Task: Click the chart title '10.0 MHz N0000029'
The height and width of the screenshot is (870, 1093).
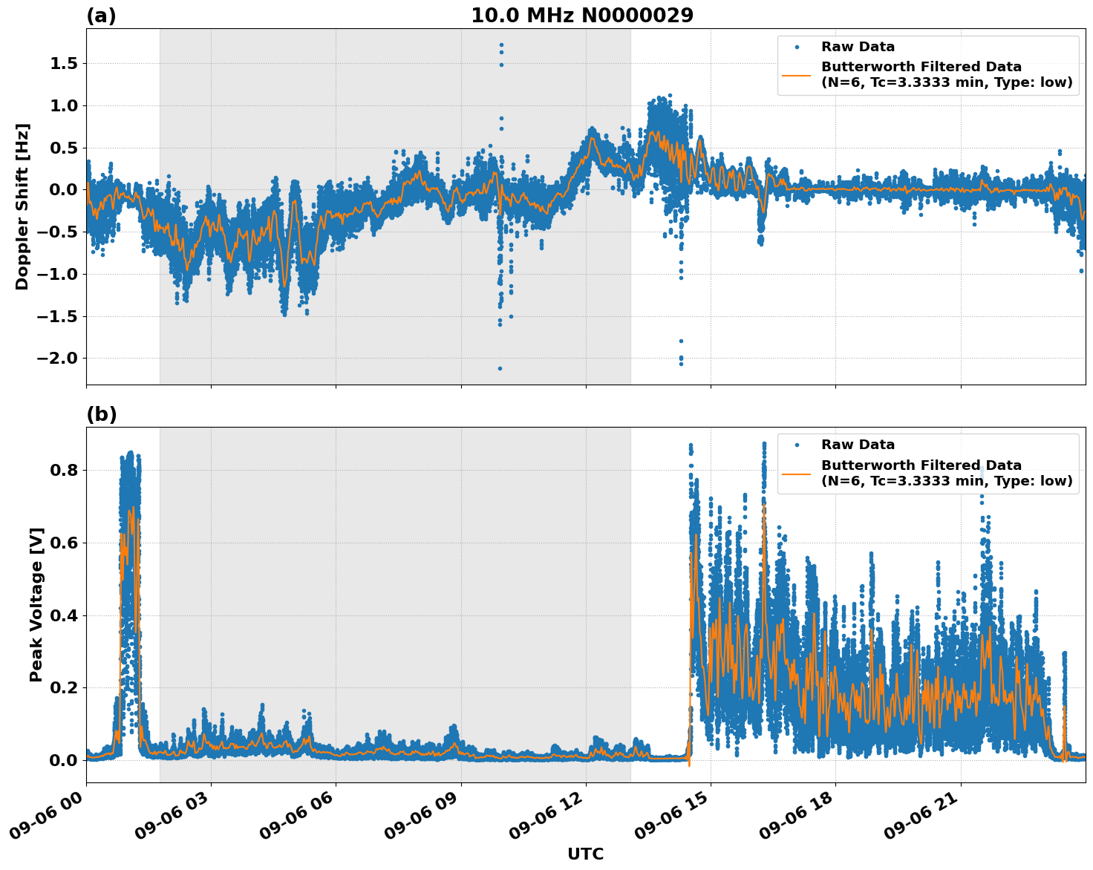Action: click(x=581, y=16)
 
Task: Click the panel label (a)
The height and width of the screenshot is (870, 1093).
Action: click(x=101, y=16)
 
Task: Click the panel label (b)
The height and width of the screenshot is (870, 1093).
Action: click(x=101, y=414)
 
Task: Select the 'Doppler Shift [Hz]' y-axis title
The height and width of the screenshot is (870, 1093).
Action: click(x=22, y=206)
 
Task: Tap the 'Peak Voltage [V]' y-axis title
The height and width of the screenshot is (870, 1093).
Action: click(x=36, y=604)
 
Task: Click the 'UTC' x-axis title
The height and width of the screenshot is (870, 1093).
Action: click(x=585, y=854)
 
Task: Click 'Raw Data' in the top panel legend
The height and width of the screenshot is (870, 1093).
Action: click(x=858, y=47)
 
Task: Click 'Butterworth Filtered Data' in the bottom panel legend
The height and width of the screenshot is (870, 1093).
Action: click(x=921, y=465)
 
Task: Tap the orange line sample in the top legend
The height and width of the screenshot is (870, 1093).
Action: click(x=797, y=74)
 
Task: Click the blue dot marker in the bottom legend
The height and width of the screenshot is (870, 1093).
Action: click(x=797, y=445)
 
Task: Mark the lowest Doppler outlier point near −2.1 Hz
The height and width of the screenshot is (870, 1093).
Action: click(x=500, y=368)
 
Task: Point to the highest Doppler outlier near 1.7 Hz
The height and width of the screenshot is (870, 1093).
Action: click(x=501, y=45)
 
